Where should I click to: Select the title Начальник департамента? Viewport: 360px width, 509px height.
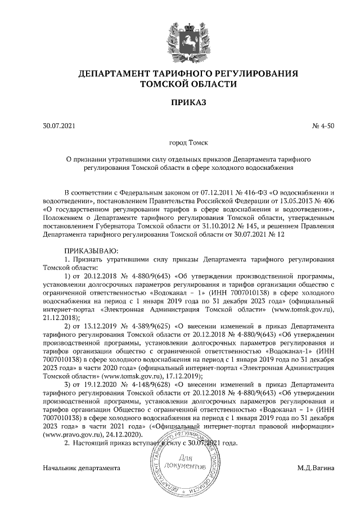coord(82,468)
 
